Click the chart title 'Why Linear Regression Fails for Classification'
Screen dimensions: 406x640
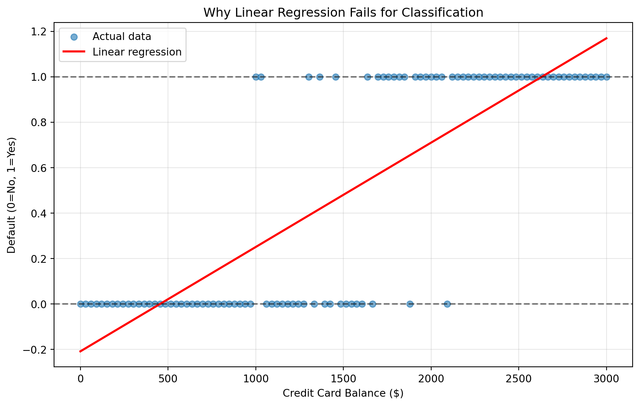click(343, 12)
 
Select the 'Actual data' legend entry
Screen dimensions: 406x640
click(121, 37)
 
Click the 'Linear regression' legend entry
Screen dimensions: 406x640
click(137, 52)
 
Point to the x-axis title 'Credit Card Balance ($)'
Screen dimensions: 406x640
click(343, 393)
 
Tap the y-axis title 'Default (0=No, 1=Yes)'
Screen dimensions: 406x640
click(12, 195)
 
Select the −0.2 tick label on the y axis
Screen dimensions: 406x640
click(37, 350)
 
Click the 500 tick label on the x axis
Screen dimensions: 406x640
click(168, 378)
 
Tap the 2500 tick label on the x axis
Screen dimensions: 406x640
click(519, 378)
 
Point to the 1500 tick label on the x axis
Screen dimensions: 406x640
click(343, 378)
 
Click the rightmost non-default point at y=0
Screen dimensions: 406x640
click(447, 304)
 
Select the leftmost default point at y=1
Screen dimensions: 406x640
click(255, 77)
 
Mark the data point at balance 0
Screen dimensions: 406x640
click(80, 304)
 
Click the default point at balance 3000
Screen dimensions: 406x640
click(606, 77)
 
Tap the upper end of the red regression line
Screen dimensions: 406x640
click(606, 38)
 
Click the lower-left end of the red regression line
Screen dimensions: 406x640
click(80, 351)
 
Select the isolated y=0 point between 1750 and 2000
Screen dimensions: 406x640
click(410, 304)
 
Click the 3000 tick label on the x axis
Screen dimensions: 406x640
click(606, 378)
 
